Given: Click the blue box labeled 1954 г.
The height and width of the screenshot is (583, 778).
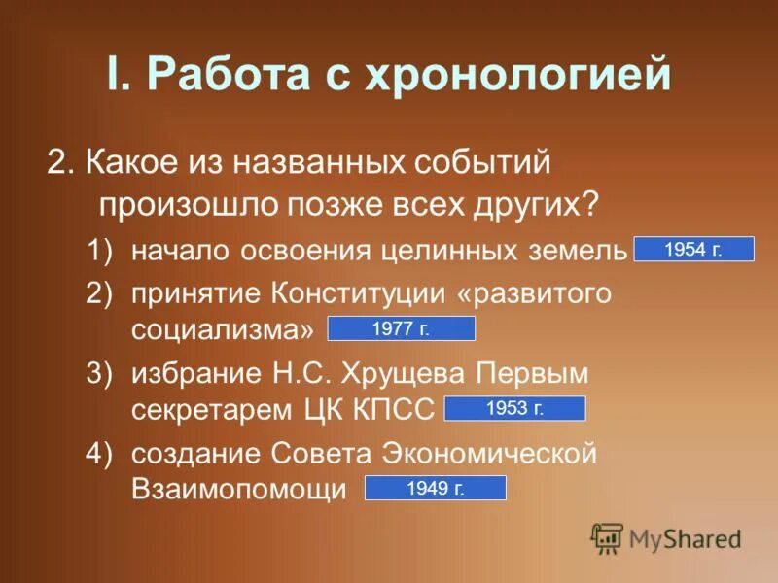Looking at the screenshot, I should pyautogui.click(x=693, y=250).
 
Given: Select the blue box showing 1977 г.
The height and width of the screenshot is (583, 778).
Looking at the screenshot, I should pyautogui.click(x=401, y=329).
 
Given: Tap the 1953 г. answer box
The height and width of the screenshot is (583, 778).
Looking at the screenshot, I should pyautogui.click(x=514, y=409).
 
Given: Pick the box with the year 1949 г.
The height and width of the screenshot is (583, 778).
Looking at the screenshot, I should pyautogui.click(x=435, y=489).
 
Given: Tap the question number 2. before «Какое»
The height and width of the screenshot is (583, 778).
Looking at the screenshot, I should pyautogui.click(x=59, y=162).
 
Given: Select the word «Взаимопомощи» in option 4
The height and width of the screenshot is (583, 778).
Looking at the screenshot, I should pyautogui.click(x=239, y=489).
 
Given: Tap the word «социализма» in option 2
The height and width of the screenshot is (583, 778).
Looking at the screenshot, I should pyautogui.click(x=224, y=329).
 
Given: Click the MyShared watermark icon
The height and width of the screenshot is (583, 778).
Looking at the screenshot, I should pyautogui.click(x=607, y=537).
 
